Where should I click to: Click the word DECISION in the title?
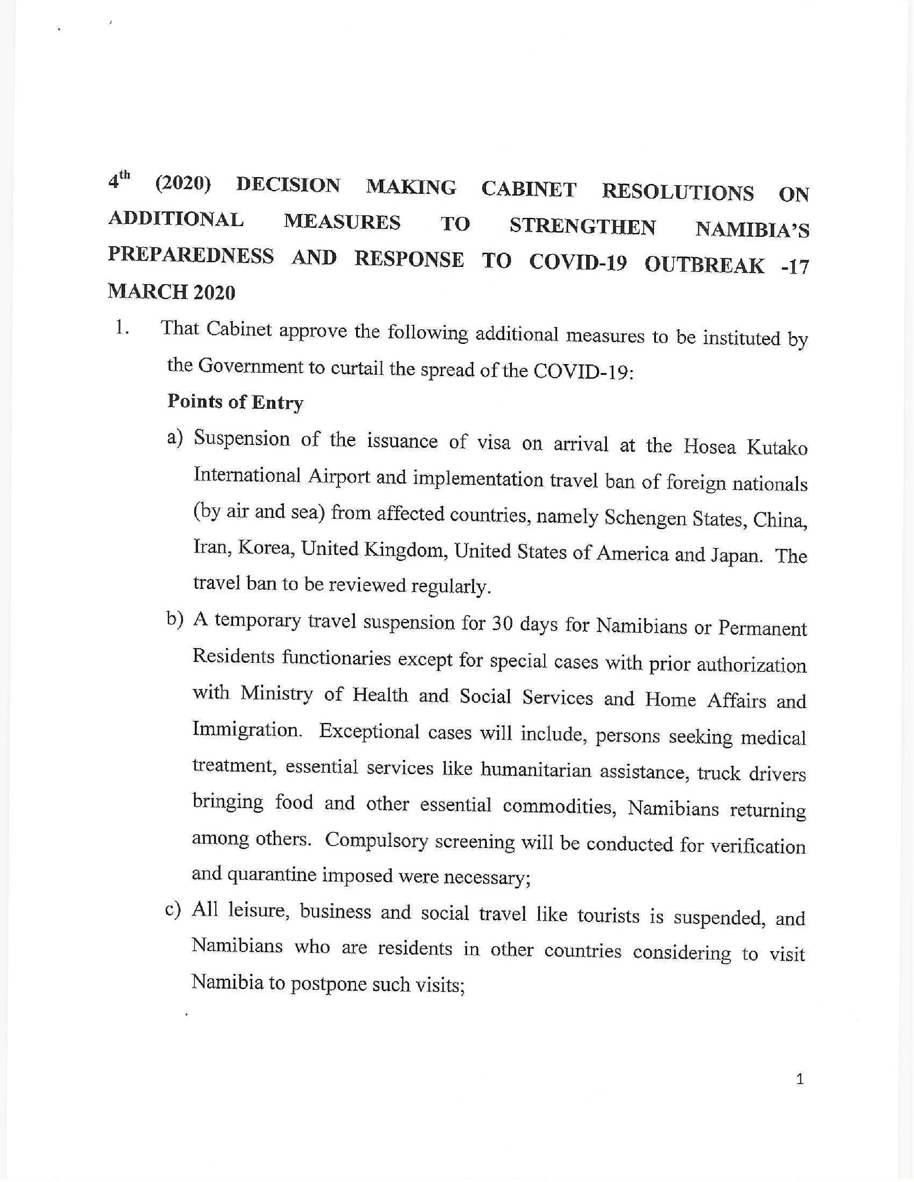tap(288, 185)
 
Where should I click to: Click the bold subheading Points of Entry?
tap(235, 402)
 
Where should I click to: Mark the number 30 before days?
tap(498, 625)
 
